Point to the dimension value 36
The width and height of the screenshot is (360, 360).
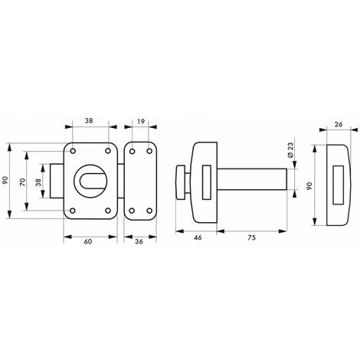click(x=139, y=242)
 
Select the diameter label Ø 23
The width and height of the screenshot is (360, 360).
click(x=290, y=152)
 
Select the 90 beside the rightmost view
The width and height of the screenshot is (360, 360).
click(x=309, y=185)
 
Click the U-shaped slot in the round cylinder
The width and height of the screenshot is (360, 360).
click(x=89, y=181)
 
